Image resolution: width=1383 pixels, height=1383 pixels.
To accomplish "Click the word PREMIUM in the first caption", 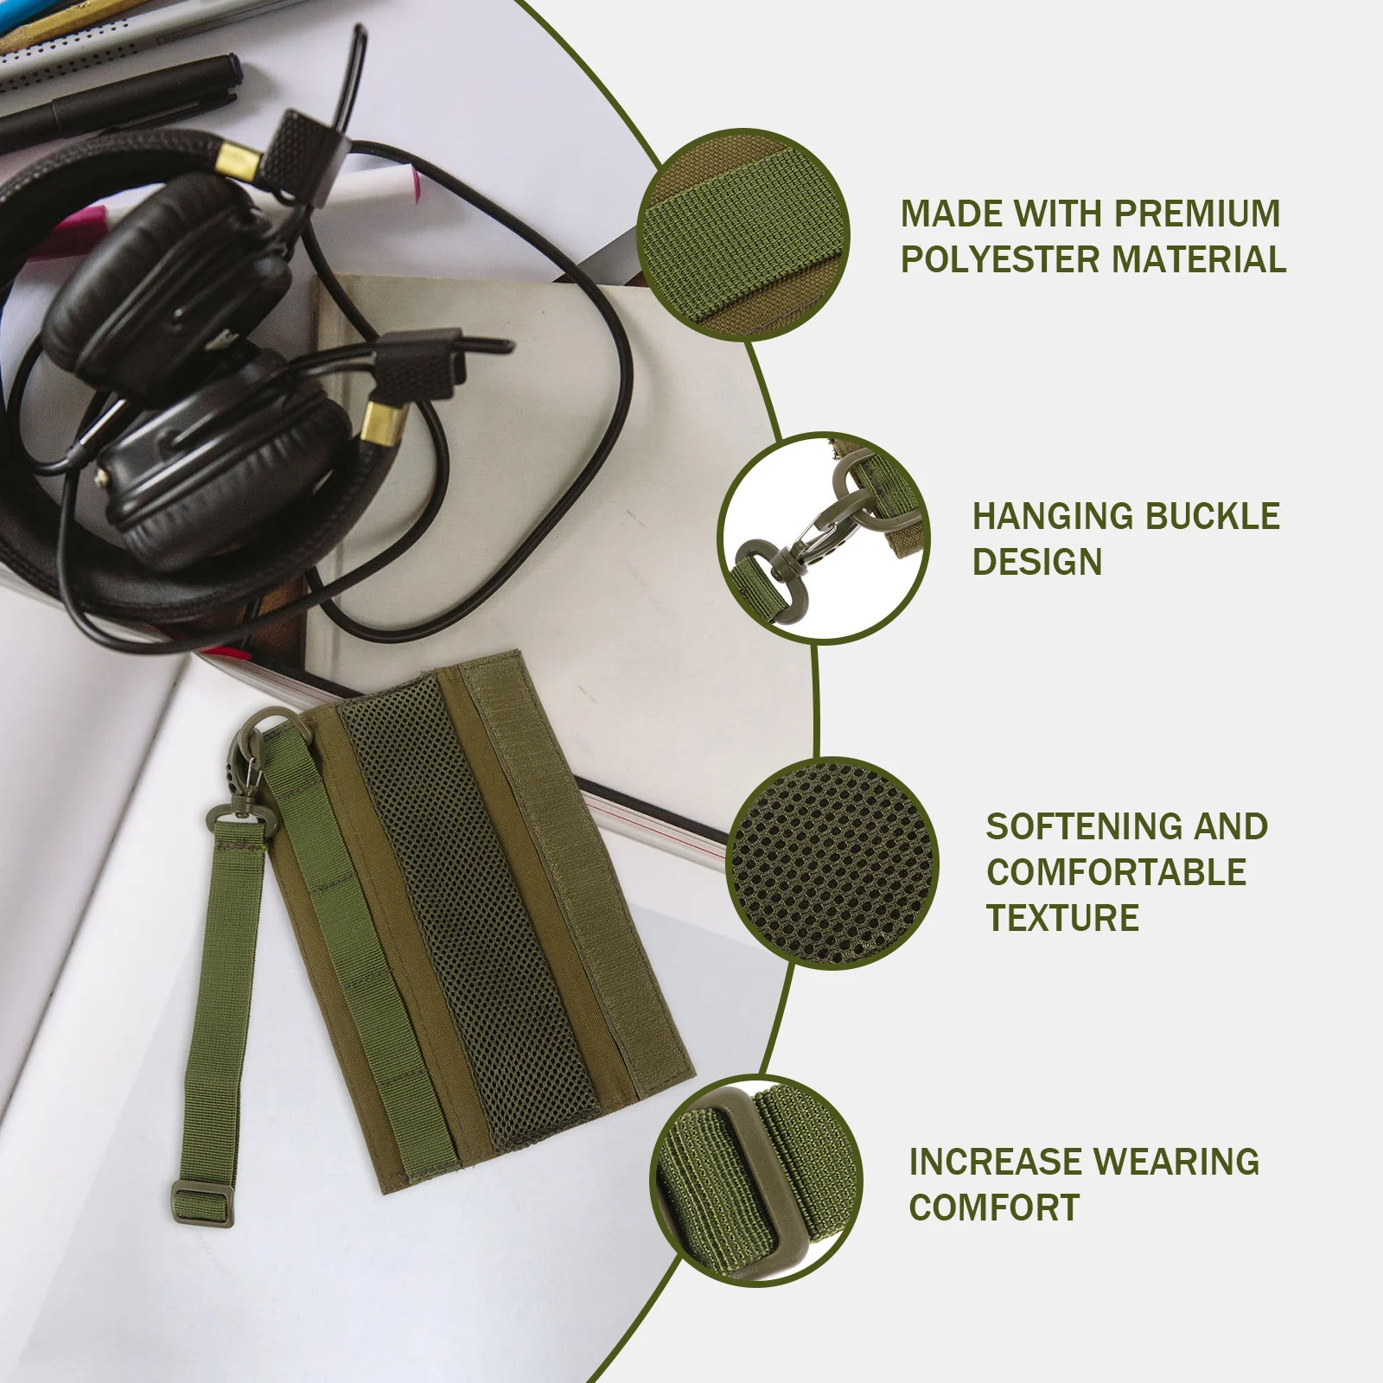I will [x=1197, y=214].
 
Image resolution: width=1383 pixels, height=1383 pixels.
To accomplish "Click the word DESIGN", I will [x=1036, y=562].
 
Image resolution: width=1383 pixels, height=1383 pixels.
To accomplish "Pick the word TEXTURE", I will [x=1062, y=917].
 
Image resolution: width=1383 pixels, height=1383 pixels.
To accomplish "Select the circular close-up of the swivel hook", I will [x=824, y=538].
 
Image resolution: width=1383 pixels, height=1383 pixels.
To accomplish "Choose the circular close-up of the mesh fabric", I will [x=832, y=863].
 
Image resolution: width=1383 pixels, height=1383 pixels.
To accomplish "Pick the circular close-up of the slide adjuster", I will [x=756, y=1181].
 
